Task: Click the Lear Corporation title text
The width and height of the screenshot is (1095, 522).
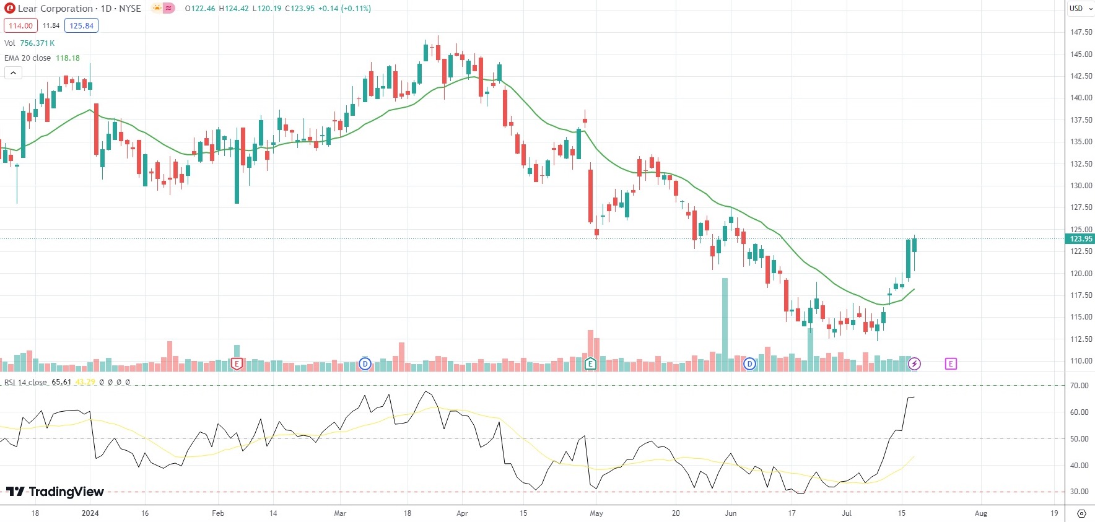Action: point(55,9)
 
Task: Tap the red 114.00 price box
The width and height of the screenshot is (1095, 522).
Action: point(20,26)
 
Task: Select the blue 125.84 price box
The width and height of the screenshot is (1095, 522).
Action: point(81,26)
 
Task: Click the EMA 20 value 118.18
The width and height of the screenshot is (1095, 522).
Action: point(68,58)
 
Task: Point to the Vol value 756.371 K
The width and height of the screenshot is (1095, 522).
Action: point(37,43)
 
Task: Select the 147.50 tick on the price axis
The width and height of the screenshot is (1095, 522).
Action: point(1081,32)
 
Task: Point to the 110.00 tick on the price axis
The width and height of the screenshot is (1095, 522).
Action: point(1081,361)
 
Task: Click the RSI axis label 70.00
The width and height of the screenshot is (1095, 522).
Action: point(1079,386)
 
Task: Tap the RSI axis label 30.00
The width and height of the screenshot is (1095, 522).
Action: point(1079,492)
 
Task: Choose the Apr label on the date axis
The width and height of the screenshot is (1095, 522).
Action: point(462,513)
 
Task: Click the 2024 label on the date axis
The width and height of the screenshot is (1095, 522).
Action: point(90,513)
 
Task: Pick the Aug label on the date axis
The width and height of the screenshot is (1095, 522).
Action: point(981,513)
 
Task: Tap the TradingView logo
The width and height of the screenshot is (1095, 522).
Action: point(55,492)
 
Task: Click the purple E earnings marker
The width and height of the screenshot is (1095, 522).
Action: point(951,364)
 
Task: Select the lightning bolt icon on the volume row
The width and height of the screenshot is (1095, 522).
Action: point(915,364)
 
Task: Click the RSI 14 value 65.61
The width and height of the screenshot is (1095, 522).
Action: point(61,382)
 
